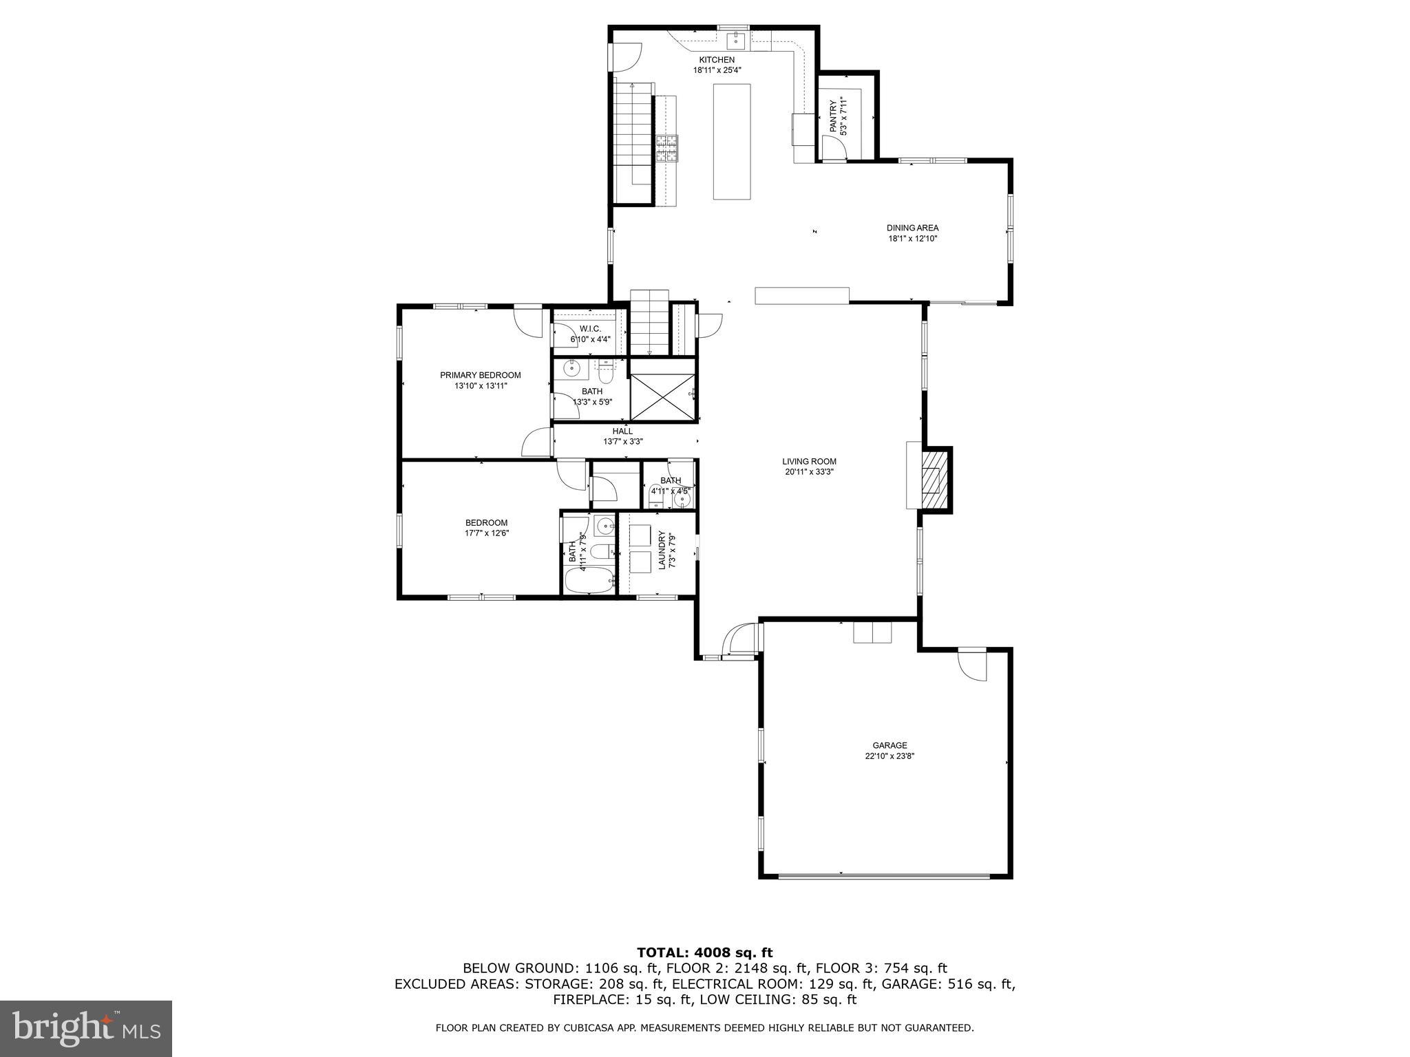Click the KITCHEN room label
click(717, 60)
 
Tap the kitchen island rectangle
click(731, 141)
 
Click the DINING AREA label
click(912, 228)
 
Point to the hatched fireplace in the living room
click(934, 479)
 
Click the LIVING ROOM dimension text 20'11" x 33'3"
click(809, 472)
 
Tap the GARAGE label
click(890, 745)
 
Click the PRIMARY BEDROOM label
click(480, 375)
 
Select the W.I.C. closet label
click(590, 329)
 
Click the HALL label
click(622, 431)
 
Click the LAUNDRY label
click(662, 549)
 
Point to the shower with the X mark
click(662, 396)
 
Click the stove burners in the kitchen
click(666, 149)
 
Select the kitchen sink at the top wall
click(737, 40)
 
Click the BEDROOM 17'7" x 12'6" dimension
click(486, 533)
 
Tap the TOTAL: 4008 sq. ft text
click(704, 952)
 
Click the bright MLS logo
click(85, 1029)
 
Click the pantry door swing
click(832, 148)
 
